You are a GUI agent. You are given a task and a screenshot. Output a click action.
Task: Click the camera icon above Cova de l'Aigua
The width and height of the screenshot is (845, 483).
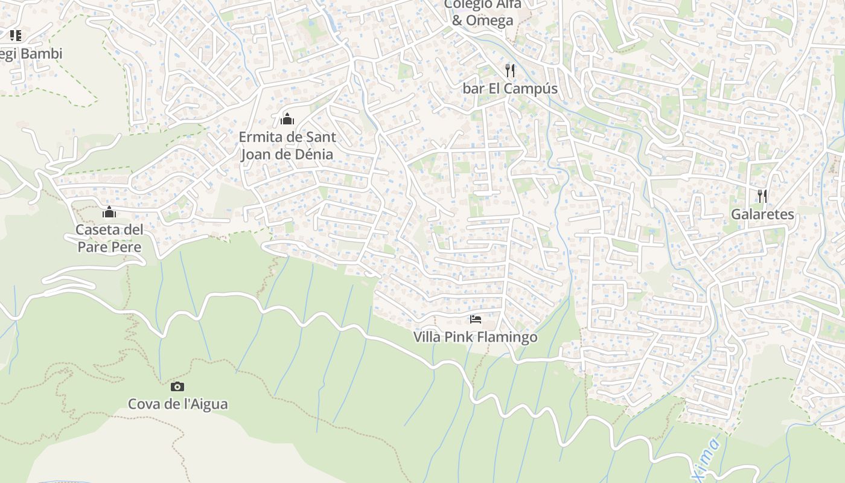click(177, 386)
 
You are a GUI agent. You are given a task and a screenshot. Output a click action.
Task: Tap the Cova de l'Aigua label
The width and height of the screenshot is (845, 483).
click(177, 404)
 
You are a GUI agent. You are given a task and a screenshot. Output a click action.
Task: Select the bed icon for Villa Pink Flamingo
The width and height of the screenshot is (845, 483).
click(476, 319)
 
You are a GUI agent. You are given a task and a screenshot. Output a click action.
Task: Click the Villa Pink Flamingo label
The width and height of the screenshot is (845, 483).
click(475, 337)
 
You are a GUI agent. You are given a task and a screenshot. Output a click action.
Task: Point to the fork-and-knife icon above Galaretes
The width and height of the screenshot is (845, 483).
click(762, 196)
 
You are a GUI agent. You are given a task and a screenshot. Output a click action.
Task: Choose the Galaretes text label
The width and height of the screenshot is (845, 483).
click(762, 214)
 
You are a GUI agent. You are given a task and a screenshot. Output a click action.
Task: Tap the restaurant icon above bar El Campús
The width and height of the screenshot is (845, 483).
click(510, 71)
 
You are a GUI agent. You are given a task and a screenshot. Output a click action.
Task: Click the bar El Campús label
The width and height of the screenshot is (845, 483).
click(510, 89)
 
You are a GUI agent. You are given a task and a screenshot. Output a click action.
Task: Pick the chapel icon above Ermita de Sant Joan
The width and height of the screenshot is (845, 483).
click(287, 118)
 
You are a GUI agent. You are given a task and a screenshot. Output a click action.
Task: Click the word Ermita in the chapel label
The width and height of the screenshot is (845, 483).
click(261, 137)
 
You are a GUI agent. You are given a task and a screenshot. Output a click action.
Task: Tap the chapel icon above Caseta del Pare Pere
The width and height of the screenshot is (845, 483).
click(109, 212)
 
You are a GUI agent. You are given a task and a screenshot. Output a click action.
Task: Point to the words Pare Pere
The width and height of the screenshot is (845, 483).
click(109, 247)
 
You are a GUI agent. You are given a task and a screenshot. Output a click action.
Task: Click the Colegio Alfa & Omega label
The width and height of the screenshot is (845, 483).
click(482, 11)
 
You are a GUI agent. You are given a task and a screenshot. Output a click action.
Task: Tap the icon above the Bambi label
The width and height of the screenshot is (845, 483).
click(16, 36)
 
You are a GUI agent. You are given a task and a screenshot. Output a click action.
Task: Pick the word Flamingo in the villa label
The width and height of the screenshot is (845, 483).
click(508, 337)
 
